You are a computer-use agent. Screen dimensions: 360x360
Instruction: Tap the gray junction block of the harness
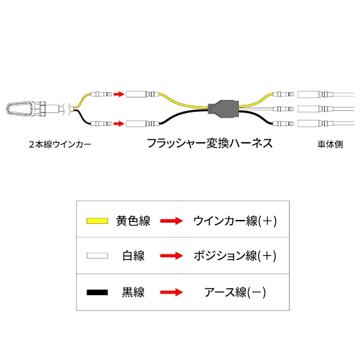[223, 108]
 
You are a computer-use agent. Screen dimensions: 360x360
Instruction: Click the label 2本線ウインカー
[60, 144]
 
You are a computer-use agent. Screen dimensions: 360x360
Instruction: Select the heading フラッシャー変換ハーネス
[210, 143]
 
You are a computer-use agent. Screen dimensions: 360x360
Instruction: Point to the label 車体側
[330, 144]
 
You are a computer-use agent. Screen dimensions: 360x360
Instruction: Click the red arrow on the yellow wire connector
[119, 94]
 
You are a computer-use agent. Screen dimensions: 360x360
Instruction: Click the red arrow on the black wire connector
[119, 124]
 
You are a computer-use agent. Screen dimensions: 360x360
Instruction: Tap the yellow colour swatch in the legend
[97, 221]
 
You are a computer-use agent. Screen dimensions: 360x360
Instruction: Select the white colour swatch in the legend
[97, 256]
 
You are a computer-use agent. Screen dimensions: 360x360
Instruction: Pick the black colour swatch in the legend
[97, 292]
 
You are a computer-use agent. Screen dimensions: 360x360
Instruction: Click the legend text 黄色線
[133, 221]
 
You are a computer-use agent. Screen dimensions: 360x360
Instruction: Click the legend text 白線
[133, 256]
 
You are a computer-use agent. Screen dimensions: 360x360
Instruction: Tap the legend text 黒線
[133, 292]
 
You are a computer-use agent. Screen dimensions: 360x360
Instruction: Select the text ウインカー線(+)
[235, 221]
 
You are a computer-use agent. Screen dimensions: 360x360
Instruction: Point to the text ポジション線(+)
[235, 256]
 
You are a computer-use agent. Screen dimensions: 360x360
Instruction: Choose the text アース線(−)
[235, 292]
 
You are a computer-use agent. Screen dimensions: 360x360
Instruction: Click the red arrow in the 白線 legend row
[171, 256]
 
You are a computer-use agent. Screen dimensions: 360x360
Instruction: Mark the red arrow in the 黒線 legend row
[171, 292]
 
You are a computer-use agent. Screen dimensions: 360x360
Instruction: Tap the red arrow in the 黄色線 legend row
[171, 221]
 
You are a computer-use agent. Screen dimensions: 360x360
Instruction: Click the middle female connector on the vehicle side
[315, 109]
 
